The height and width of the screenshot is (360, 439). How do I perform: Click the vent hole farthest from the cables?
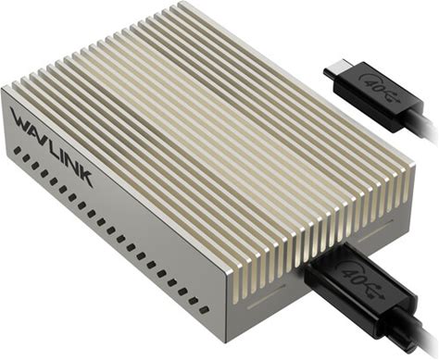point(18,151)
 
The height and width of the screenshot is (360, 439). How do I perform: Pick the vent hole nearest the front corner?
point(204,309)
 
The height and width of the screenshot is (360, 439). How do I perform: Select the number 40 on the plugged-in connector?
point(350,271)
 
